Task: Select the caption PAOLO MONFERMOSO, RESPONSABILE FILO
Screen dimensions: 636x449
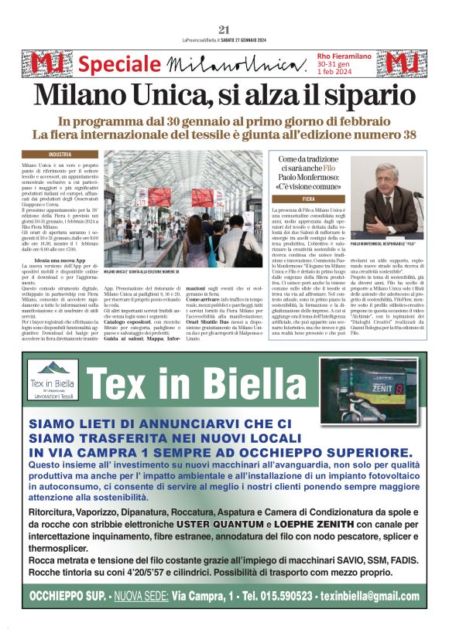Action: click(x=394, y=243)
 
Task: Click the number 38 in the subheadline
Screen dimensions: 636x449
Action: click(x=395, y=134)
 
